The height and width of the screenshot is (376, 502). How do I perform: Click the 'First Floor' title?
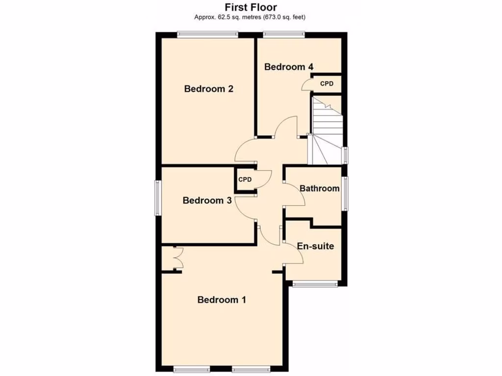[251, 7]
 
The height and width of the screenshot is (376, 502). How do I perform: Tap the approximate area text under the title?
[251, 17]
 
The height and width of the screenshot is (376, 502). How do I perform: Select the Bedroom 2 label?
[208, 89]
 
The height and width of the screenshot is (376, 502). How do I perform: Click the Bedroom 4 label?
[289, 67]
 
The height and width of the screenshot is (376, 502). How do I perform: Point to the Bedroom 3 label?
[207, 200]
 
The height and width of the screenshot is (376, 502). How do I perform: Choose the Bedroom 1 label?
[222, 300]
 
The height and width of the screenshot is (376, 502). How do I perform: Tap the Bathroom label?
[319, 188]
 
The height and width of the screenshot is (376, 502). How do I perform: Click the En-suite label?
[316, 246]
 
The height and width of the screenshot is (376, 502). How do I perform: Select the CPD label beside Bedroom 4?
[326, 84]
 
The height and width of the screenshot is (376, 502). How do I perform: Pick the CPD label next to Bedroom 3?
[245, 180]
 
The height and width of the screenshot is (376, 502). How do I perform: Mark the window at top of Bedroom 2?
[207, 35]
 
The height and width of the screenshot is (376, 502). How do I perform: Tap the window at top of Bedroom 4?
[284, 35]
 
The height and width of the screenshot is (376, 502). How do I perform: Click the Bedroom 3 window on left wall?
[158, 197]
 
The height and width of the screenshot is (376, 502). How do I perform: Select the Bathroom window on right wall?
[345, 194]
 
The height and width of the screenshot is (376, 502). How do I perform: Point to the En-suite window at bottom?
[314, 283]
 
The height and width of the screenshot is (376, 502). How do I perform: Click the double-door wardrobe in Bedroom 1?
[176, 258]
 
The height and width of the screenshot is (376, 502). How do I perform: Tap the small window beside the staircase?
[345, 155]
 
